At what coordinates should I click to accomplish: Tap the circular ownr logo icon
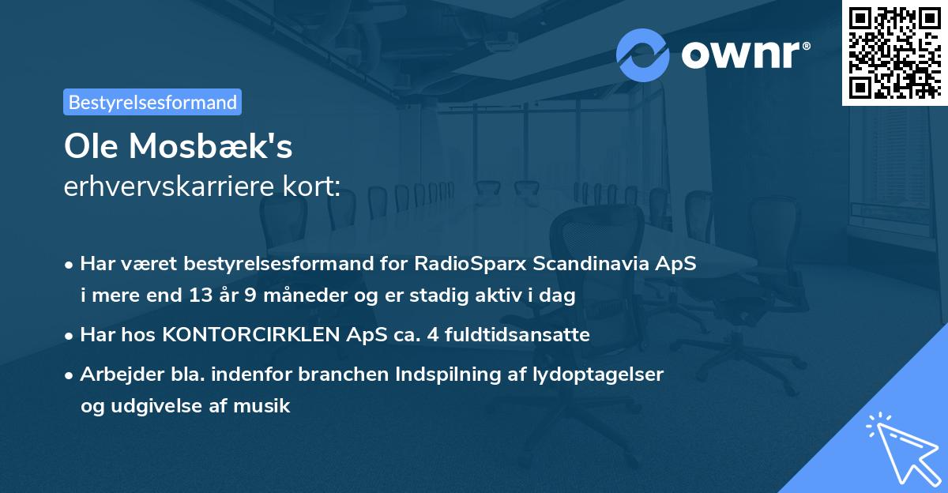643,55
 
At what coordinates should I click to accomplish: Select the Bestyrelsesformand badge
152,102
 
